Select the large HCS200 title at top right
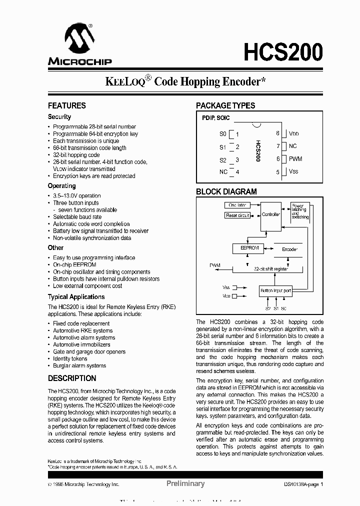click(x=283, y=52)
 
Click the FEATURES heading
click(x=66, y=105)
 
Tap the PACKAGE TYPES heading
click(x=225, y=105)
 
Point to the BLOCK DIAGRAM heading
click(x=226, y=191)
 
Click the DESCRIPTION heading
click(x=71, y=378)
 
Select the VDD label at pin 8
click(x=293, y=134)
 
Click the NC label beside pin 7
click(x=292, y=146)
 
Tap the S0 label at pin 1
click(x=223, y=134)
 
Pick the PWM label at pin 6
click(x=295, y=159)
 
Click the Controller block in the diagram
click(x=271, y=214)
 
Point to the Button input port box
click(x=275, y=290)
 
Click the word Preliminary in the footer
click(x=185, y=483)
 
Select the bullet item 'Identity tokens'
click(x=70, y=358)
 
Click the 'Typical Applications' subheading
click(x=76, y=296)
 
